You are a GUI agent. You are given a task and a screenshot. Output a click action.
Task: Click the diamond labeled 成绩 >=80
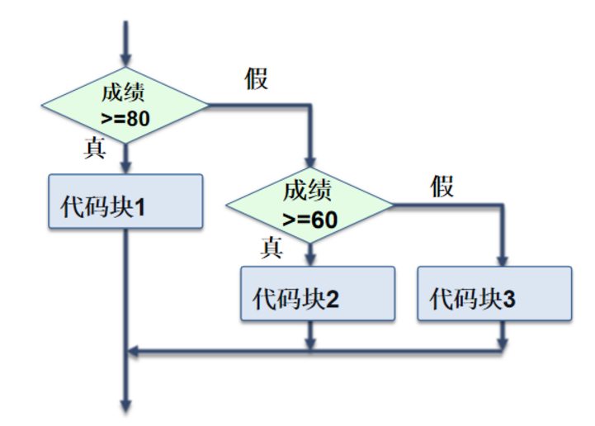(x=125, y=105)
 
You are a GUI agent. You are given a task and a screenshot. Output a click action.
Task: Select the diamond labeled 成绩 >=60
(x=309, y=204)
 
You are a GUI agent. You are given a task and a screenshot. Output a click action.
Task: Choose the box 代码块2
(x=318, y=293)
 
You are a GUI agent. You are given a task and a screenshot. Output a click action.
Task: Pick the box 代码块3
(x=493, y=293)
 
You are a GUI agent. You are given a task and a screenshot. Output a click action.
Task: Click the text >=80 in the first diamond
(x=125, y=118)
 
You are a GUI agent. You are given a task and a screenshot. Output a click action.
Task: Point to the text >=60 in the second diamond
(x=309, y=220)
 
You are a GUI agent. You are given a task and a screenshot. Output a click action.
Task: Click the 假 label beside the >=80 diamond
(x=257, y=80)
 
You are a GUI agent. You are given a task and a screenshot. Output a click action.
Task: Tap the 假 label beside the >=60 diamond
(x=442, y=187)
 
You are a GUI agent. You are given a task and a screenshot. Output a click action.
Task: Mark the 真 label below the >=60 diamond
(x=272, y=247)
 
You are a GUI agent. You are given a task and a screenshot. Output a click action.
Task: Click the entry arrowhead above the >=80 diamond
(x=125, y=60)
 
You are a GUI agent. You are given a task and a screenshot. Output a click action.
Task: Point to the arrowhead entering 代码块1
(x=125, y=168)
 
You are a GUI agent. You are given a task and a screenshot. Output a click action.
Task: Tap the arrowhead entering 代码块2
(x=310, y=260)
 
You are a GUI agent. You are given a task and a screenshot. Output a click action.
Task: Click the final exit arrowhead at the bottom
(x=125, y=405)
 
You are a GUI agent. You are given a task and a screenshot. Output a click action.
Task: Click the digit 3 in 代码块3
(x=508, y=298)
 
